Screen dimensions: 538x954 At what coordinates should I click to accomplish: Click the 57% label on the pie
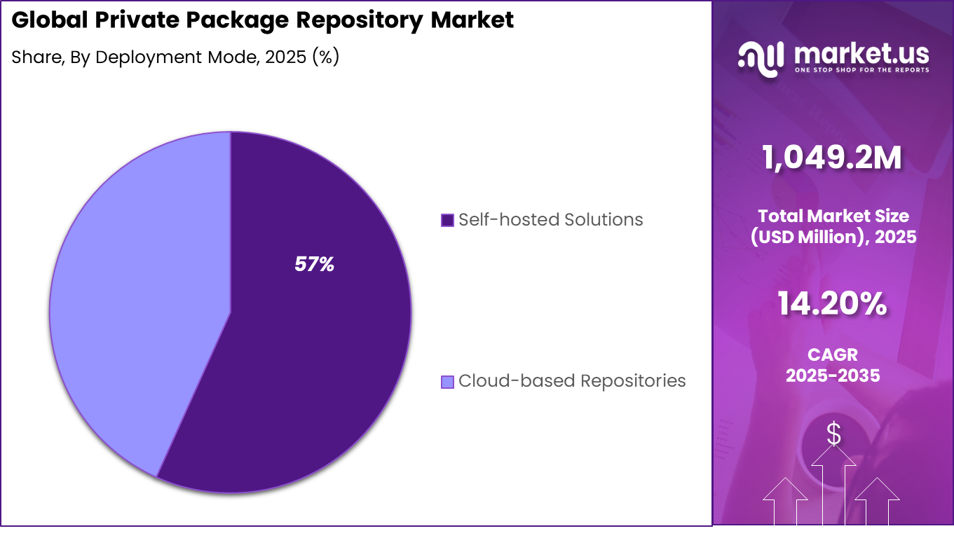[314, 265]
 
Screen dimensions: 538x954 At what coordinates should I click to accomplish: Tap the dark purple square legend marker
[447, 221]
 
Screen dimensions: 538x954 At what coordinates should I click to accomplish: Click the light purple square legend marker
[447, 382]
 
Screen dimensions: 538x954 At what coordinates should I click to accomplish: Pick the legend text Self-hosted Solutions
[550, 220]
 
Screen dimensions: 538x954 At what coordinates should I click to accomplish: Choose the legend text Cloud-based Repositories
[572, 381]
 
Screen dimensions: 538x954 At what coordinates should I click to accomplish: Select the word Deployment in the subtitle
[139, 57]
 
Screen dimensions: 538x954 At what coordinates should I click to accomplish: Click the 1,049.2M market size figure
[833, 159]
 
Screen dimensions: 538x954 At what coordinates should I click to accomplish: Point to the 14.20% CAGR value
[833, 304]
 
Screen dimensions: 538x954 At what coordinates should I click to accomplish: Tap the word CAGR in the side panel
[833, 355]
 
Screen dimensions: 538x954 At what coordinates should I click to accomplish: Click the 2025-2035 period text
[833, 375]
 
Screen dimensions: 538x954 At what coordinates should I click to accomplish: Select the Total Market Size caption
[833, 216]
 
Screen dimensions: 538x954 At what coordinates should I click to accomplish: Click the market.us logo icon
[761, 57]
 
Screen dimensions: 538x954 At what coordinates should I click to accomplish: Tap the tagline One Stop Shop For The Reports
[862, 70]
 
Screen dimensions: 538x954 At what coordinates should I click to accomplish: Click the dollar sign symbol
[833, 434]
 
